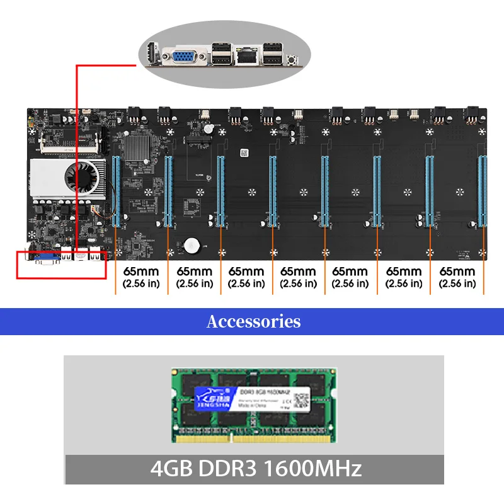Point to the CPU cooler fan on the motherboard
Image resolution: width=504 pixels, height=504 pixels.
tap(86, 176)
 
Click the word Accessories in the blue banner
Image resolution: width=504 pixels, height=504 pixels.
tap(253, 321)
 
